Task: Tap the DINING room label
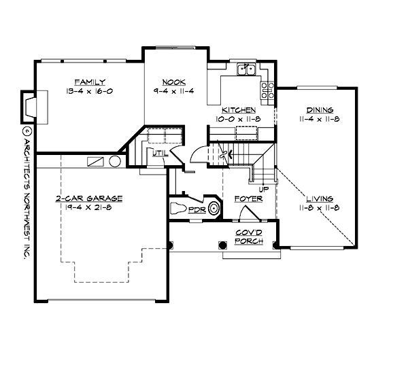[319, 109]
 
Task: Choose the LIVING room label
[319, 198]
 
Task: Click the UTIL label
[161, 154]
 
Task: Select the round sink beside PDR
[214, 209]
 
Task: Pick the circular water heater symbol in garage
[114, 162]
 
